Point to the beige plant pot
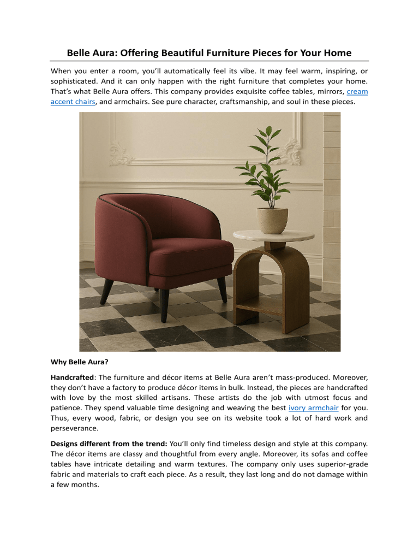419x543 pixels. (272, 223)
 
